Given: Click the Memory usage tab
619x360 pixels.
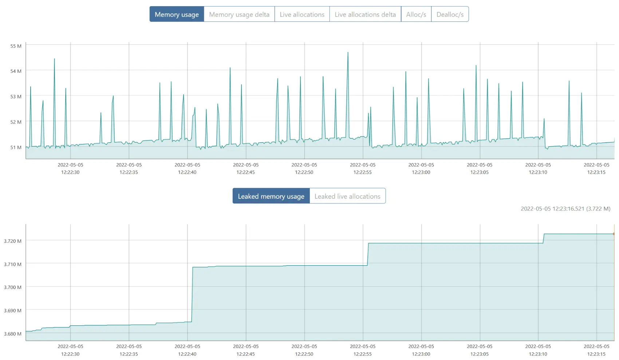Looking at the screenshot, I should pyautogui.click(x=177, y=15).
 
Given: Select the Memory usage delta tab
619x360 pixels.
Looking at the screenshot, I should pyautogui.click(x=239, y=15).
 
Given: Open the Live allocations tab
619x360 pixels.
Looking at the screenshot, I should pyautogui.click(x=302, y=15).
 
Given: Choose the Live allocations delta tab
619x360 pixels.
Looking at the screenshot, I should pyautogui.click(x=365, y=15).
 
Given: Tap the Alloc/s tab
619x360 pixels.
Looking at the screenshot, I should pyautogui.click(x=416, y=15).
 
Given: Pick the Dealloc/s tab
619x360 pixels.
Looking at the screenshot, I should pyautogui.click(x=450, y=15).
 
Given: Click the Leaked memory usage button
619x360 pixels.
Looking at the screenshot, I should pyautogui.click(x=271, y=196).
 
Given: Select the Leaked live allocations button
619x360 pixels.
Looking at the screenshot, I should pyautogui.click(x=347, y=196).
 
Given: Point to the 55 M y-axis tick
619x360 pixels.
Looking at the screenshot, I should pyautogui.click(x=16, y=46).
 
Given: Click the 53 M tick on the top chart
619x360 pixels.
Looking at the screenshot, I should pyautogui.click(x=16, y=96).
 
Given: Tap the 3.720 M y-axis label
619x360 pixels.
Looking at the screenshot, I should pyautogui.click(x=13, y=241).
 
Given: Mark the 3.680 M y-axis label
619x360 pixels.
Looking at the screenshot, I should pyautogui.click(x=13, y=334).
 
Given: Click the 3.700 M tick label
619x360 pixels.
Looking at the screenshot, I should pyautogui.click(x=13, y=287).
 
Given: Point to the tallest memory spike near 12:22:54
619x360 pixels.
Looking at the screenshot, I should pyautogui.click(x=348, y=53).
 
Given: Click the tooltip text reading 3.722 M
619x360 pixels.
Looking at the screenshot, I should pyautogui.click(x=598, y=209).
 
